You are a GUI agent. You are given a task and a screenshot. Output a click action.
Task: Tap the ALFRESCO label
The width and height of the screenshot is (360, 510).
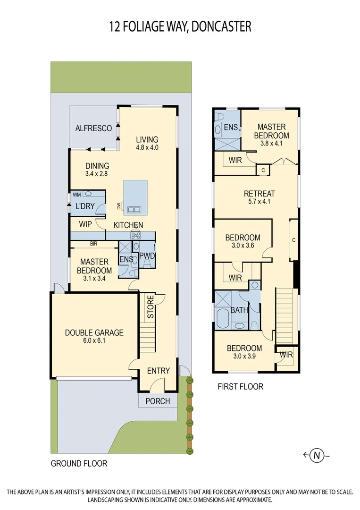click(x=93, y=128)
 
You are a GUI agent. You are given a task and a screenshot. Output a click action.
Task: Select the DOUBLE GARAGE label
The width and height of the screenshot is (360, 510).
click(x=94, y=332)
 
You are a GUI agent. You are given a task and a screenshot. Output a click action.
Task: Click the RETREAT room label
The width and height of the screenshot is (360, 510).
click(x=259, y=194)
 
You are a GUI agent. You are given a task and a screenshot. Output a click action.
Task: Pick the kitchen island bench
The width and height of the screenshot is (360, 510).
click(x=135, y=197)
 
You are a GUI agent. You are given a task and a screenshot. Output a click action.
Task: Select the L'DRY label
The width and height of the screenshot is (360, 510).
click(x=85, y=206)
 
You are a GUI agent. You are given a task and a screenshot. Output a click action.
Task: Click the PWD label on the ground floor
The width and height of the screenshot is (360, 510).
click(x=147, y=256)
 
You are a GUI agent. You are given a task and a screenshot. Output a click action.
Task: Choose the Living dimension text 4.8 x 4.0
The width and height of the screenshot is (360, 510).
click(x=147, y=148)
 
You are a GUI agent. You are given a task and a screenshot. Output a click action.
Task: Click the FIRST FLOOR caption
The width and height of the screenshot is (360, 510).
click(x=240, y=387)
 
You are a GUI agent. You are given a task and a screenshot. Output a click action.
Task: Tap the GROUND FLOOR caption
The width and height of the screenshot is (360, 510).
click(x=79, y=463)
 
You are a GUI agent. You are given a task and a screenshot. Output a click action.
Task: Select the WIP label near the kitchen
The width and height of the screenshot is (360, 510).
click(x=85, y=225)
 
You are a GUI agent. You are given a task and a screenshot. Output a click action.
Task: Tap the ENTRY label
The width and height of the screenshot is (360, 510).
click(x=158, y=371)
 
